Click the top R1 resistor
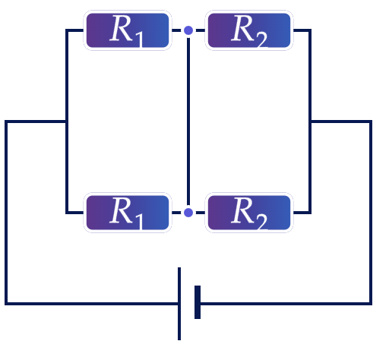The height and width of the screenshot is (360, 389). click(128, 30)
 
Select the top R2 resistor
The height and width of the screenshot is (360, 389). click(249, 30)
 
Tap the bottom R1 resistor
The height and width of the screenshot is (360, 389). click(128, 213)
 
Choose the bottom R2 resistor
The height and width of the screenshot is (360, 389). click(249, 213)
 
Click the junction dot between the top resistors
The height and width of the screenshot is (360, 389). click(188, 30)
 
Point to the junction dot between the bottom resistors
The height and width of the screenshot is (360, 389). click(188, 213)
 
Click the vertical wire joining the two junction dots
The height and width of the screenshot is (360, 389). click(188, 122)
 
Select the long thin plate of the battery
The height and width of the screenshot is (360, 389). click(179, 304)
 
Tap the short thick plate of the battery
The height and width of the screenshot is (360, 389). click(198, 302)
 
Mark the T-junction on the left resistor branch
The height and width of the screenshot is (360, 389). click(67, 122)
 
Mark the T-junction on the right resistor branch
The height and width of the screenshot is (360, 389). click(310, 122)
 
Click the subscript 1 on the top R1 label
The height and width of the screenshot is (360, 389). click(139, 39)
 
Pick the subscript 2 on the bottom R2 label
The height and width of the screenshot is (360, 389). click(262, 222)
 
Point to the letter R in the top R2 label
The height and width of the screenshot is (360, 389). click(242, 28)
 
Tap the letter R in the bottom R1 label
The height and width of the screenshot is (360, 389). click(121, 210)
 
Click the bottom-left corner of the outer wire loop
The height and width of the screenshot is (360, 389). click(6, 304)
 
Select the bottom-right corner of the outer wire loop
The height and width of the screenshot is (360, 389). click(371, 304)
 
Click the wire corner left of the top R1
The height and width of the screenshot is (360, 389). click(67, 30)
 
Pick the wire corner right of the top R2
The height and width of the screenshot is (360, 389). click(310, 30)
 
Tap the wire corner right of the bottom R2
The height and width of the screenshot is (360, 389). click(310, 213)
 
